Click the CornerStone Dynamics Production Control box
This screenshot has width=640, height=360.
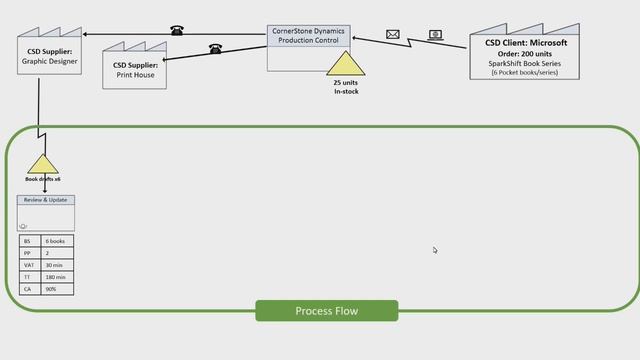coord(308,47)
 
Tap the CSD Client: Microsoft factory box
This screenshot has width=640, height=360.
coord(525,57)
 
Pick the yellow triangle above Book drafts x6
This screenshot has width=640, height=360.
coord(43,164)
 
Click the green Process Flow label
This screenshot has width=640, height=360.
coord(326,311)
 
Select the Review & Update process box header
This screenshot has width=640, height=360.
coord(46,200)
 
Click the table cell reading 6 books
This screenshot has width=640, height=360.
coord(57,242)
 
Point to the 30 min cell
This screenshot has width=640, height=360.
coord(57,265)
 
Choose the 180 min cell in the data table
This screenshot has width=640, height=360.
coord(57,277)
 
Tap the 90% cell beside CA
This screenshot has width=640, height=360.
coord(57,289)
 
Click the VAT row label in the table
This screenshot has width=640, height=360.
coord(29,265)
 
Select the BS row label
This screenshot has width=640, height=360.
coord(29,242)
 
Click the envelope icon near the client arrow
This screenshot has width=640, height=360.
coord(393,35)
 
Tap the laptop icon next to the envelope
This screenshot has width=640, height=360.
coord(436,35)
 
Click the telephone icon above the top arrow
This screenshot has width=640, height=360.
coord(177,30)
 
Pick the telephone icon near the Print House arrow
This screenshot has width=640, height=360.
coord(215,48)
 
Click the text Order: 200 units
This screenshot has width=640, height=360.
coord(526,53)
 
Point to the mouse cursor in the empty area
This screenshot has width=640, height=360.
coord(435,250)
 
